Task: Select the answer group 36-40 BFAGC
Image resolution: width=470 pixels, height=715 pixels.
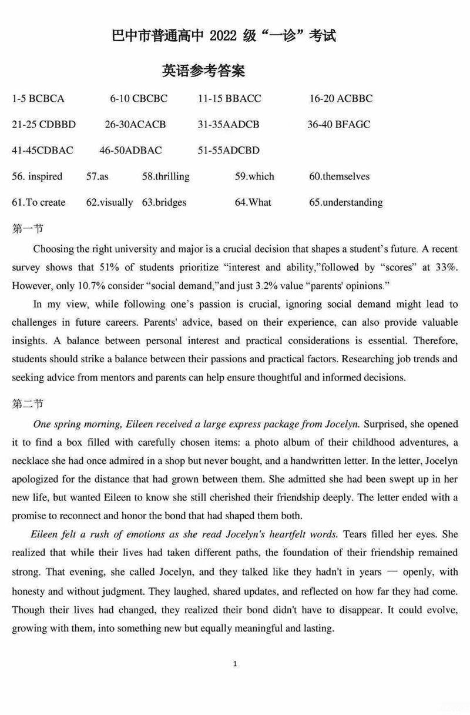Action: [339, 125]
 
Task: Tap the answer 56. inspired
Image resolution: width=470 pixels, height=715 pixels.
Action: [37, 176]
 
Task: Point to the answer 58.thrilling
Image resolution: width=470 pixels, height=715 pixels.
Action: [166, 176]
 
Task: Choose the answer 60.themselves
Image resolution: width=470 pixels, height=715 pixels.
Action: [340, 176]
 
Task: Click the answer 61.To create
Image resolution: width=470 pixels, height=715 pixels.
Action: [39, 202]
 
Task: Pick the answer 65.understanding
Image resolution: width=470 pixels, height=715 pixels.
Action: [346, 202]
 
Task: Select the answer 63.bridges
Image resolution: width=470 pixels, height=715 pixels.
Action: [164, 202]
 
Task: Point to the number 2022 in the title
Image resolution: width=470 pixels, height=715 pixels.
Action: [221, 36]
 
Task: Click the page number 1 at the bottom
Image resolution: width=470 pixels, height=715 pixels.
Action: [235, 664]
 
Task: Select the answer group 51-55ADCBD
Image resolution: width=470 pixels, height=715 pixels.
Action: [229, 151]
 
